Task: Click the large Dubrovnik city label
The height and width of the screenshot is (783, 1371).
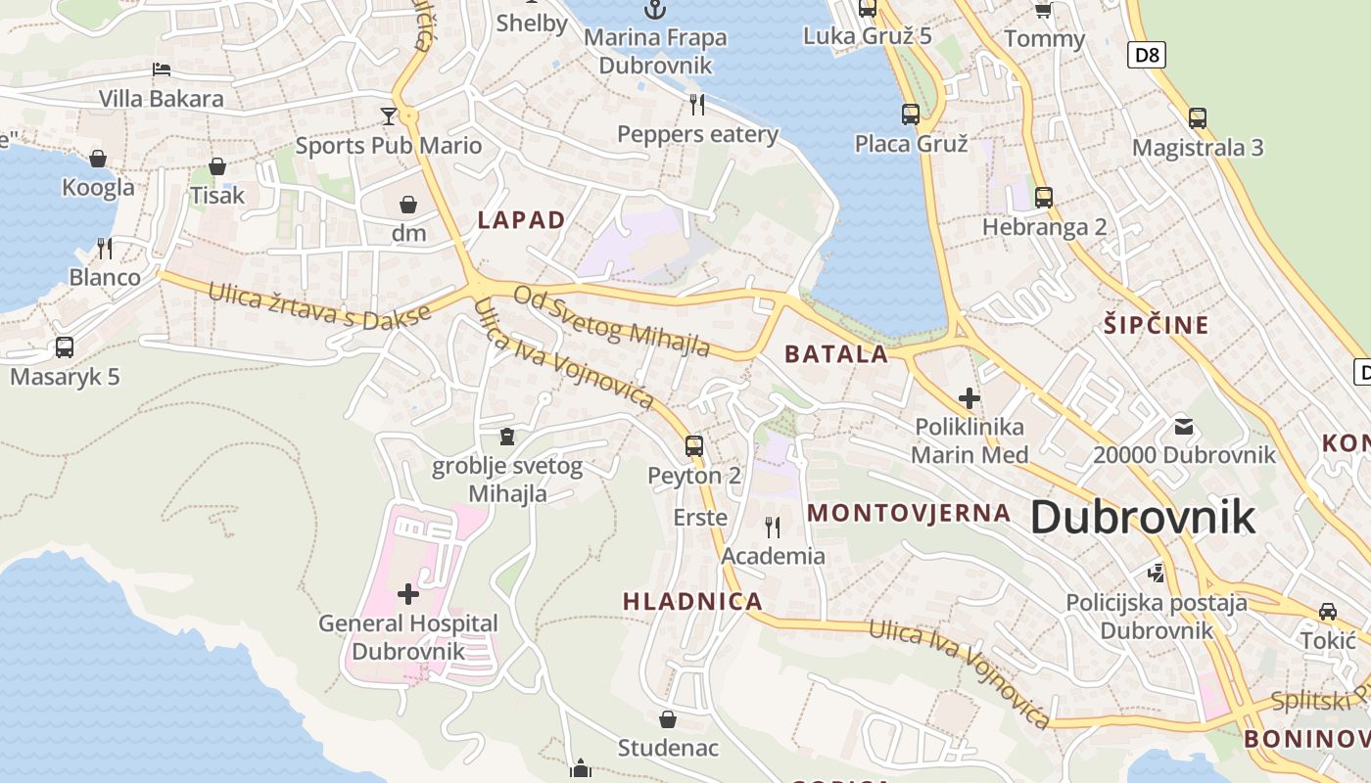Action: (x=1142, y=516)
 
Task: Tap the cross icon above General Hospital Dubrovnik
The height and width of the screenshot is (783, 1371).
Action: (x=408, y=594)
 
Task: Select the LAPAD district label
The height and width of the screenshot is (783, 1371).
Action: (x=522, y=220)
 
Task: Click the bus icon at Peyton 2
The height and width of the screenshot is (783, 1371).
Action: (x=694, y=446)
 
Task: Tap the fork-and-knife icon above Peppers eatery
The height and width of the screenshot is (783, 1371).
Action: (x=697, y=104)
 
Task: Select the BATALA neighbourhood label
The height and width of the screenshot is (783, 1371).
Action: (x=836, y=354)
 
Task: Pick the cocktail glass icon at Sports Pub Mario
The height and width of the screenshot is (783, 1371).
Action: (x=389, y=116)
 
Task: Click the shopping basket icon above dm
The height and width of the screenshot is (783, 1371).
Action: (x=408, y=205)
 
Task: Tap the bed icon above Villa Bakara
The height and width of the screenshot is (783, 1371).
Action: (x=162, y=69)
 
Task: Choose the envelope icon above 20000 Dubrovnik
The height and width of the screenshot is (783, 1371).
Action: (x=1184, y=426)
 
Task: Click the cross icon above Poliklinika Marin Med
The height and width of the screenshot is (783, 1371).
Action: (x=969, y=398)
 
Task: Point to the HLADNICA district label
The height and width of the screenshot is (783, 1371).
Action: (x=692, y=601)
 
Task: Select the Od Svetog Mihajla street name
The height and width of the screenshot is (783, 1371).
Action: (x=612, y=321)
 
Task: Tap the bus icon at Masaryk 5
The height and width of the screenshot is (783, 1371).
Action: (x=65, y=346)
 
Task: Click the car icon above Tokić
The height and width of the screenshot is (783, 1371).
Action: (x=1327, y=612)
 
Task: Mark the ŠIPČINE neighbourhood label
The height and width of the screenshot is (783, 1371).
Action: (x=1157, y=325)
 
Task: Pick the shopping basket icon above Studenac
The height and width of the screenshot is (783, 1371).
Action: (x=668, y=720)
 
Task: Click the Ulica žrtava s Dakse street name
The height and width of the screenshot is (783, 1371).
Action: (x=319, y=304)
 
